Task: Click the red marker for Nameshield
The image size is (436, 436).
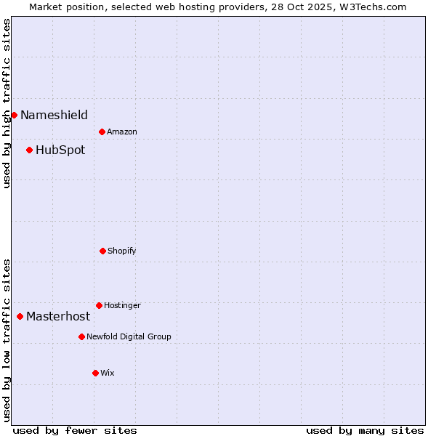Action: coord(14,115)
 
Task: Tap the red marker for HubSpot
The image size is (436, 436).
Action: coord(29,150)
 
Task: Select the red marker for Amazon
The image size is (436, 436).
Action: coord(102,132)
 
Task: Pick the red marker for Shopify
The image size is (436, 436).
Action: coord(102,251)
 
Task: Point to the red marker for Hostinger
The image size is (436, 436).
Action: coord(99,305)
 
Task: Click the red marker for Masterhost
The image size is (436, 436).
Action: coord(20,316)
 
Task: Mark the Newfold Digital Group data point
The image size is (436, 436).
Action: coord(81,336)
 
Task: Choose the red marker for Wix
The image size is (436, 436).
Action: coord(95,373)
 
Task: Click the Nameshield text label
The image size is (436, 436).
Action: coord(54,115)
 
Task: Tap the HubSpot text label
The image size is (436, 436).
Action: coord(60,150)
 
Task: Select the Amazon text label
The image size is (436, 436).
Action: coord(122,132)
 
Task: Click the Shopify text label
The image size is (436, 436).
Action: coord(122,251)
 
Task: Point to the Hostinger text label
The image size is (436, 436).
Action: coord(122,305)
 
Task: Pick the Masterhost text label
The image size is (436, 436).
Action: coord(58,316)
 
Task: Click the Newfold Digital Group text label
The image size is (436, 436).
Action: coord(129,336)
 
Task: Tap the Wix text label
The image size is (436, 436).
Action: coord(108,373)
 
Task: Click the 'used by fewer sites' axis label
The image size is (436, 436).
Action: coord(75,430)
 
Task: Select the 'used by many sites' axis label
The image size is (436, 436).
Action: coord(365,430)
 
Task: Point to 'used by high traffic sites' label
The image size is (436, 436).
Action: coord(7,103)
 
